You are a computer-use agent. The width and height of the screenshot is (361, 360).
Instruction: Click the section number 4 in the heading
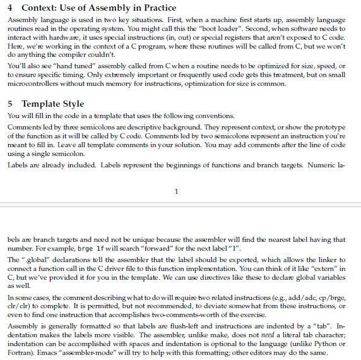8,8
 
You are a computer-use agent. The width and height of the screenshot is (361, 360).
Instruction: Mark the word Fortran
19,352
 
